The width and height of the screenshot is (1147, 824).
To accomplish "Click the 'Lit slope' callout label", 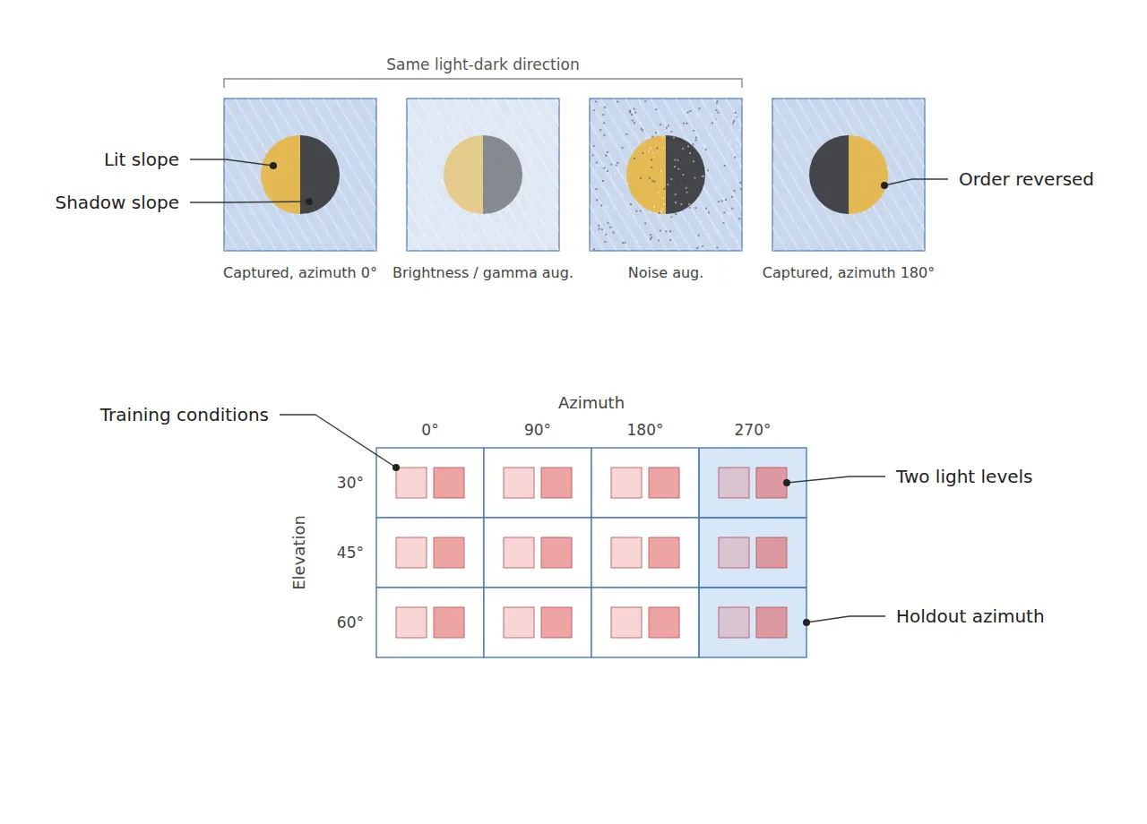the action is click(142, 159).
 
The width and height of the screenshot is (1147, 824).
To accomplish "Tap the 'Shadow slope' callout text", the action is click(117, 202).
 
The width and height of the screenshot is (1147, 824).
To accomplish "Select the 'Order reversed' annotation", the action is click(1026, 180).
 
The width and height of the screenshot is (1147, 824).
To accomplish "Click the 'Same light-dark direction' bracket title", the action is click(482, 64).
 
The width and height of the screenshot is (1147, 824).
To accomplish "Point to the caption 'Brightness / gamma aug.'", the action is click(482, 273).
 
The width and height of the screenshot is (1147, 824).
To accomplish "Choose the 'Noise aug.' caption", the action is click(665, 273).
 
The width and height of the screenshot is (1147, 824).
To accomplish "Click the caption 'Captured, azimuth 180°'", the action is click(848, 273).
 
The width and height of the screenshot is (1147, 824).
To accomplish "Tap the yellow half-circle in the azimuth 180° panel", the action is click(868, 175).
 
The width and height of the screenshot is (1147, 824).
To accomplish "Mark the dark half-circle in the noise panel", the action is click(686, 175).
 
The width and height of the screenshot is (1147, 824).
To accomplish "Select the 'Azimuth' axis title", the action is click(591, 403).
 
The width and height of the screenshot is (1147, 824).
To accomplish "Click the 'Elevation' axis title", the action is click(299, 553).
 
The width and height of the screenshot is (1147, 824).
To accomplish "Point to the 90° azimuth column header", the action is click(537, 430).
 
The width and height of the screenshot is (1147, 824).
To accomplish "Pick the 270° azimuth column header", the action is click(752, 430).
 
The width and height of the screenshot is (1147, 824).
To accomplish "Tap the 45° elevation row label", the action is click(349, 553).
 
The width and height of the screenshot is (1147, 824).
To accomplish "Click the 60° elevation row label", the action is click(349, 622).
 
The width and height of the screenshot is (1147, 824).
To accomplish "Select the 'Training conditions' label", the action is click(184, 415).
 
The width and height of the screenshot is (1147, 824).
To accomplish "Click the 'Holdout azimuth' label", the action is click(970, 616).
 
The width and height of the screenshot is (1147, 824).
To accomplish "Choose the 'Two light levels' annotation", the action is click(963, 477).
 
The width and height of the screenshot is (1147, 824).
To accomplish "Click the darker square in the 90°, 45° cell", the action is click(556, 553).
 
